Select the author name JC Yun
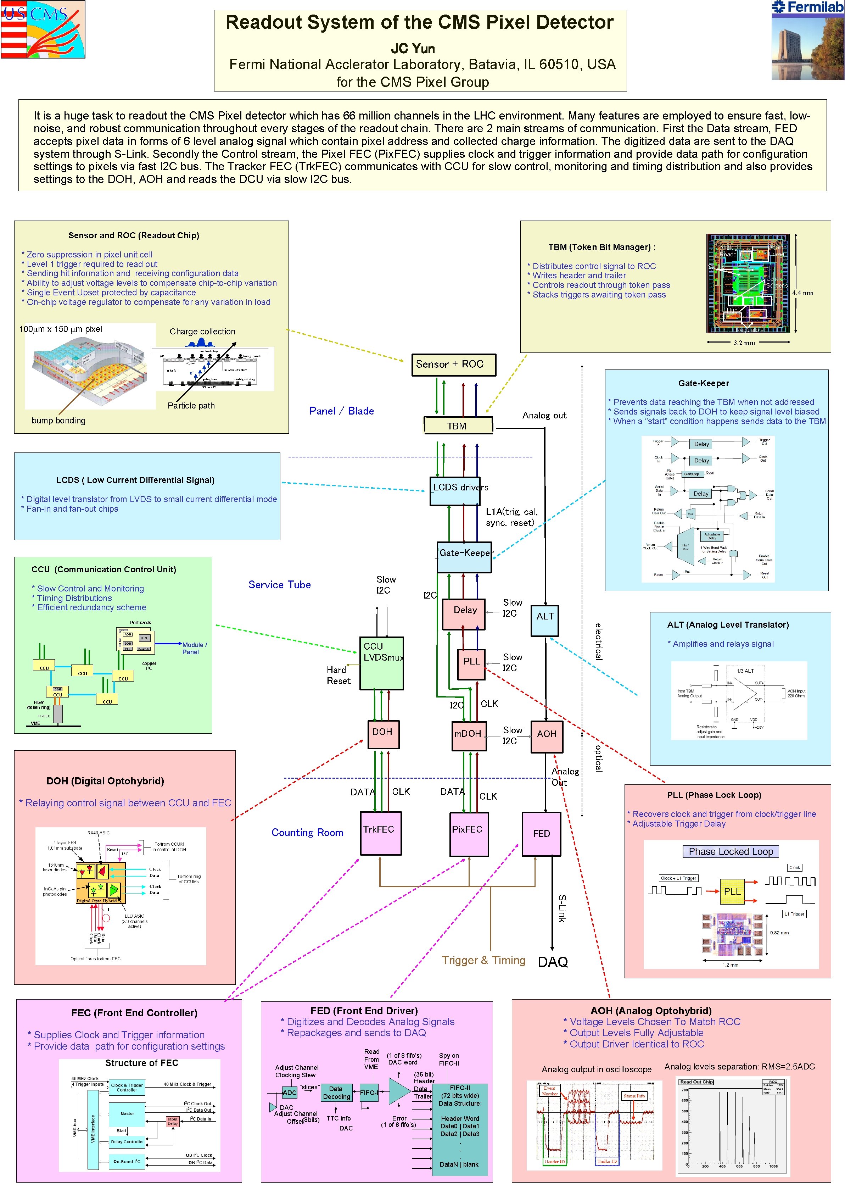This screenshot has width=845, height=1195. pyautogui.click(x=413, y=49)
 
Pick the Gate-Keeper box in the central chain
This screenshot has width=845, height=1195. pyautogui.click(x=464, y=557)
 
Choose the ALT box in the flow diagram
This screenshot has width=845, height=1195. pyautogui.click(x=544, y=621)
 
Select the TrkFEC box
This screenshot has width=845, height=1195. pyautogui.click(x=380, y=833)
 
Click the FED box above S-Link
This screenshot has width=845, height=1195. pyautogui.click(x=541, y=834)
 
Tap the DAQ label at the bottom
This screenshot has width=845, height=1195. pyautogui.click(x=553, y=962)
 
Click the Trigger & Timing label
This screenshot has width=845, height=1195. pyautogui.click(x=483, y=960)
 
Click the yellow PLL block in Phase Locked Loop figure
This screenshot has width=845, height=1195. pyautogui.click(x=732, y=891)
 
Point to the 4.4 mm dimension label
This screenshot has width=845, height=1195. pyautogui.click(x=802, y=293)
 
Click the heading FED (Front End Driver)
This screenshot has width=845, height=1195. pyautogui.click(x=364, y=1010)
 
